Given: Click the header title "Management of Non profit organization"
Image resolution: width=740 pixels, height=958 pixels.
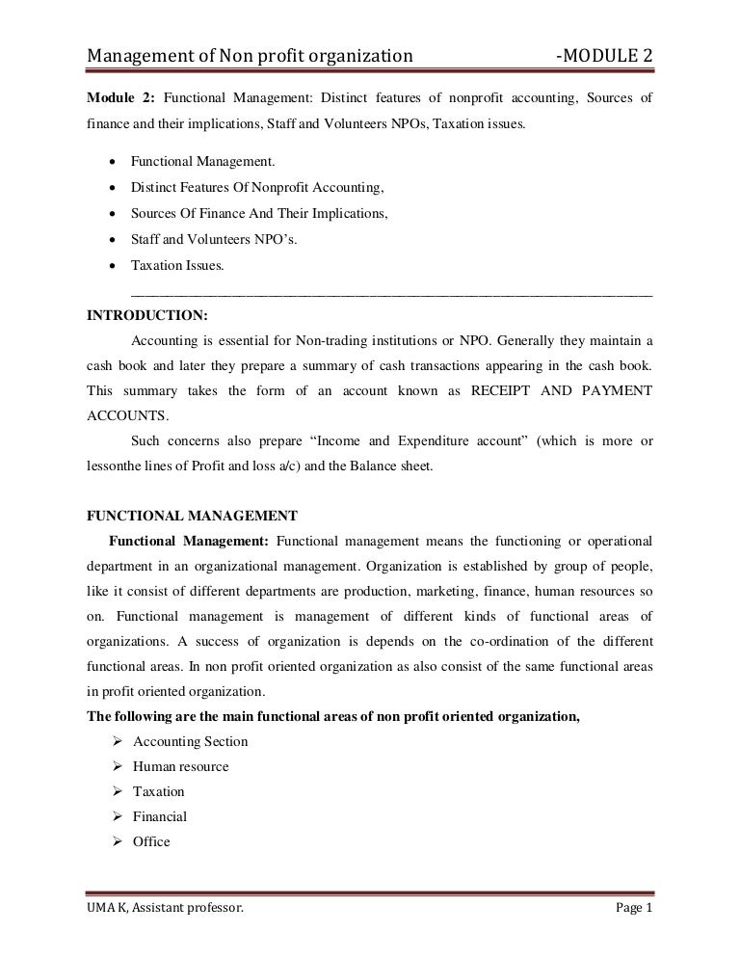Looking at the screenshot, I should pyautogui.click(x=251, y=61).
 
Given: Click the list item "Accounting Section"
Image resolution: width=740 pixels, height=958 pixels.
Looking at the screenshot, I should pyautogui.click(x=190, y=741).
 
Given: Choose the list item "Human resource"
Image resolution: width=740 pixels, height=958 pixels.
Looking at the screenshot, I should pyautogui.click(x=180, y=766).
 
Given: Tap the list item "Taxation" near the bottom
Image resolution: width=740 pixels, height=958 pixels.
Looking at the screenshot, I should pyautogui.click(x=158, y=791).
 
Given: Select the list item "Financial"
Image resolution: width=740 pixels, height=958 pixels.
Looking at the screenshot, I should pyautogui.click(x=159, y=816).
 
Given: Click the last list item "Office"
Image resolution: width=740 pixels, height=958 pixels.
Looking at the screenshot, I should pyautogui.click(x=151, y=841).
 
